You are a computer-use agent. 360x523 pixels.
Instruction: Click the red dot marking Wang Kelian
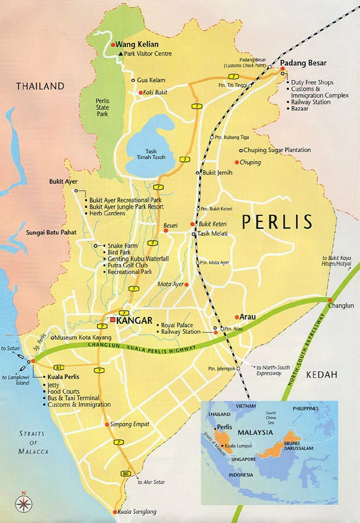click(x=113, y=45)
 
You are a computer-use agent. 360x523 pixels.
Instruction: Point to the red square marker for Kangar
click(x=112, y=319)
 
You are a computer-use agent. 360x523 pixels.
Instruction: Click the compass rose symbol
click(x=24, y=501)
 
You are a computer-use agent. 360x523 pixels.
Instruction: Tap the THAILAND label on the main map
click(x=40, y=86)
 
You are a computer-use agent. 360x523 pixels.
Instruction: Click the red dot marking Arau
click(x=236, y=317)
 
